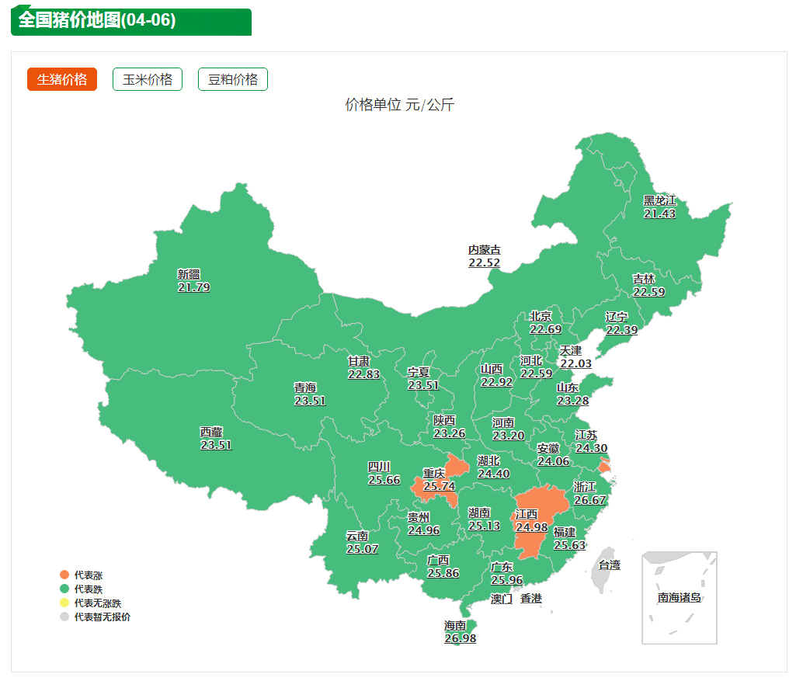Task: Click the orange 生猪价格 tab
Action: (x=62, y=79)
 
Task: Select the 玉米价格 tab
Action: (x=148, y=79)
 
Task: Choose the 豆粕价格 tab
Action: (x=233, y=79)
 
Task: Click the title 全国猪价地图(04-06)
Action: (x=97, y=20)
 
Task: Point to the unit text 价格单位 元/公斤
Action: (x=399, y=105)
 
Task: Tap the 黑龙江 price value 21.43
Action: (x=659, y=214)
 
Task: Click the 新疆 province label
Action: (x=189, y=274)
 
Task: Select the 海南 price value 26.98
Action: (x=460, y=638)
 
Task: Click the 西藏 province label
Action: (x=211, y=432)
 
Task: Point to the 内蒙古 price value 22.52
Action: (x=484, y=263)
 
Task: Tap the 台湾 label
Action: (x=610, y=565)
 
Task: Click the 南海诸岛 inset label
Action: (x=679, y=597)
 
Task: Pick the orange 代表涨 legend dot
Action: (x=64, y=575)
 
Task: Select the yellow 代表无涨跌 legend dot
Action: (x=64, y=603)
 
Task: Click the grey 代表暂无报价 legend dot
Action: (x=64, y=617)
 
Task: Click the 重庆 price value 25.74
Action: (x=439, y=486)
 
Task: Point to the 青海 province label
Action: (x=305, y=387)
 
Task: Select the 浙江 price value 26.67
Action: (x=589, y=500)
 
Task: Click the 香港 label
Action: (x=531, y=599)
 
